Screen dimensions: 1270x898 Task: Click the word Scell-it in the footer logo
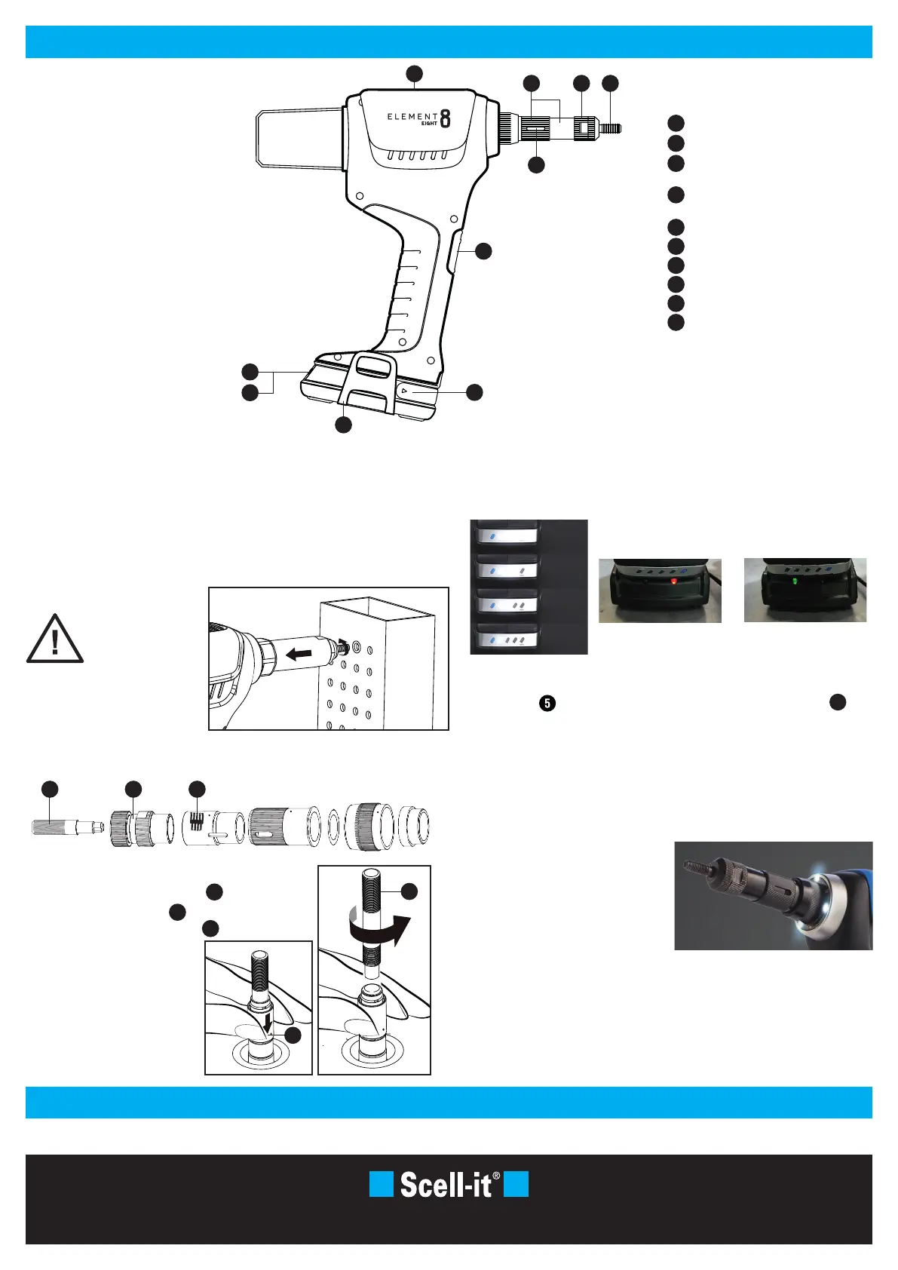click(445, 1185)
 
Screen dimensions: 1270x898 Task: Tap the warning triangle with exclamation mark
click(55, 640)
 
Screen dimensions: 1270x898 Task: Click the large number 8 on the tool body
click(446, 118)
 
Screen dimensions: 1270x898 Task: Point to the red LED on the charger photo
click(674, 581)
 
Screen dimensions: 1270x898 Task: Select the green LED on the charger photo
click(795, 582)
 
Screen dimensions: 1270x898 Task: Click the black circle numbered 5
click(547, 704)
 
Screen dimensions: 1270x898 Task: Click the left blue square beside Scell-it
click(382, 1184)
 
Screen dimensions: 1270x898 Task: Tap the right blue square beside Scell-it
click(516, 1184)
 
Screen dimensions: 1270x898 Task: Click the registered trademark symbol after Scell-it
click(496, 1176)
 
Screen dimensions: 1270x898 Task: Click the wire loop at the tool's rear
click(299, 139)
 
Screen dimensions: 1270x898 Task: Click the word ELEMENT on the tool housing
click(412, 116)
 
